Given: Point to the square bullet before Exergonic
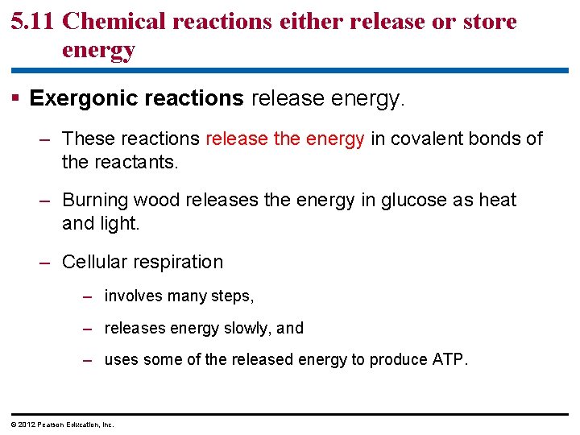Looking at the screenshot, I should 17,99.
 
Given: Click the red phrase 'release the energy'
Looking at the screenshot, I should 285,139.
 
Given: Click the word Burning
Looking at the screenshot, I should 94,200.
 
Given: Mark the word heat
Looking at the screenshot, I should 497,200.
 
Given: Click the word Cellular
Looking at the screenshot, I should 93,262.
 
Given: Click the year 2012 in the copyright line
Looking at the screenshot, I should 24,425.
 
